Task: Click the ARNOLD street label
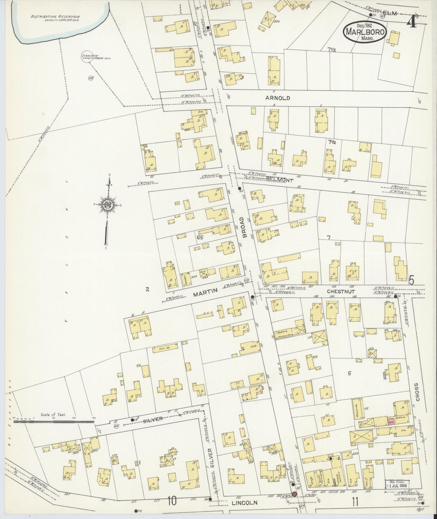(278, 98)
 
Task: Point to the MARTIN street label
(206, 291)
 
